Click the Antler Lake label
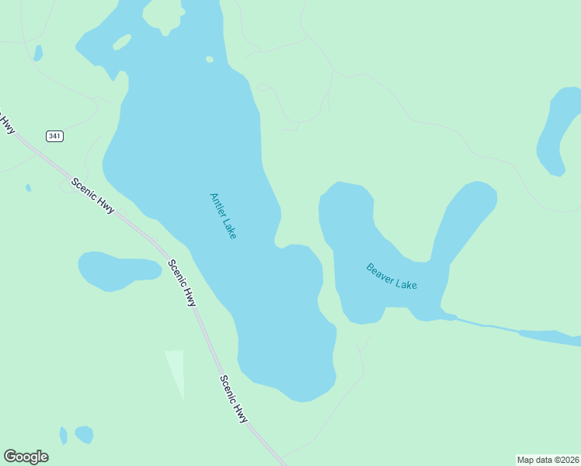point(223,215)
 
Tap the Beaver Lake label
point(391,276)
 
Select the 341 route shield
point(54,136)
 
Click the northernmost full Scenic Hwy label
point(92,197)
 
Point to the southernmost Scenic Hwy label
point(233,399)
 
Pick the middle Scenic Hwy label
point(183,282)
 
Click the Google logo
point(26,457)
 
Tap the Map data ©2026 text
point(548,460)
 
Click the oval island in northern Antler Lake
point(122,42)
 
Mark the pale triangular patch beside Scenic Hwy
point(176,370)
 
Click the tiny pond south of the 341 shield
point(29,188)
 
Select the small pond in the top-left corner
point(37,53)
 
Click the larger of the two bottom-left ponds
point(84,434)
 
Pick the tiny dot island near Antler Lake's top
point(210,59)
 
